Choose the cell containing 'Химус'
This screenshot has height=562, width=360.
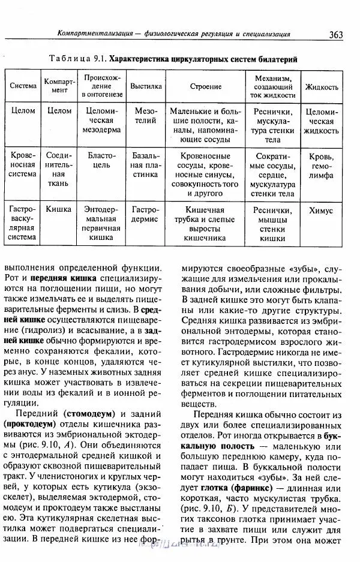click(322, 211)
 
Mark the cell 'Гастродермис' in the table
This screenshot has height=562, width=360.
click(146, 215)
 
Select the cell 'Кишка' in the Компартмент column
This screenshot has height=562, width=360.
click(59, 210)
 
